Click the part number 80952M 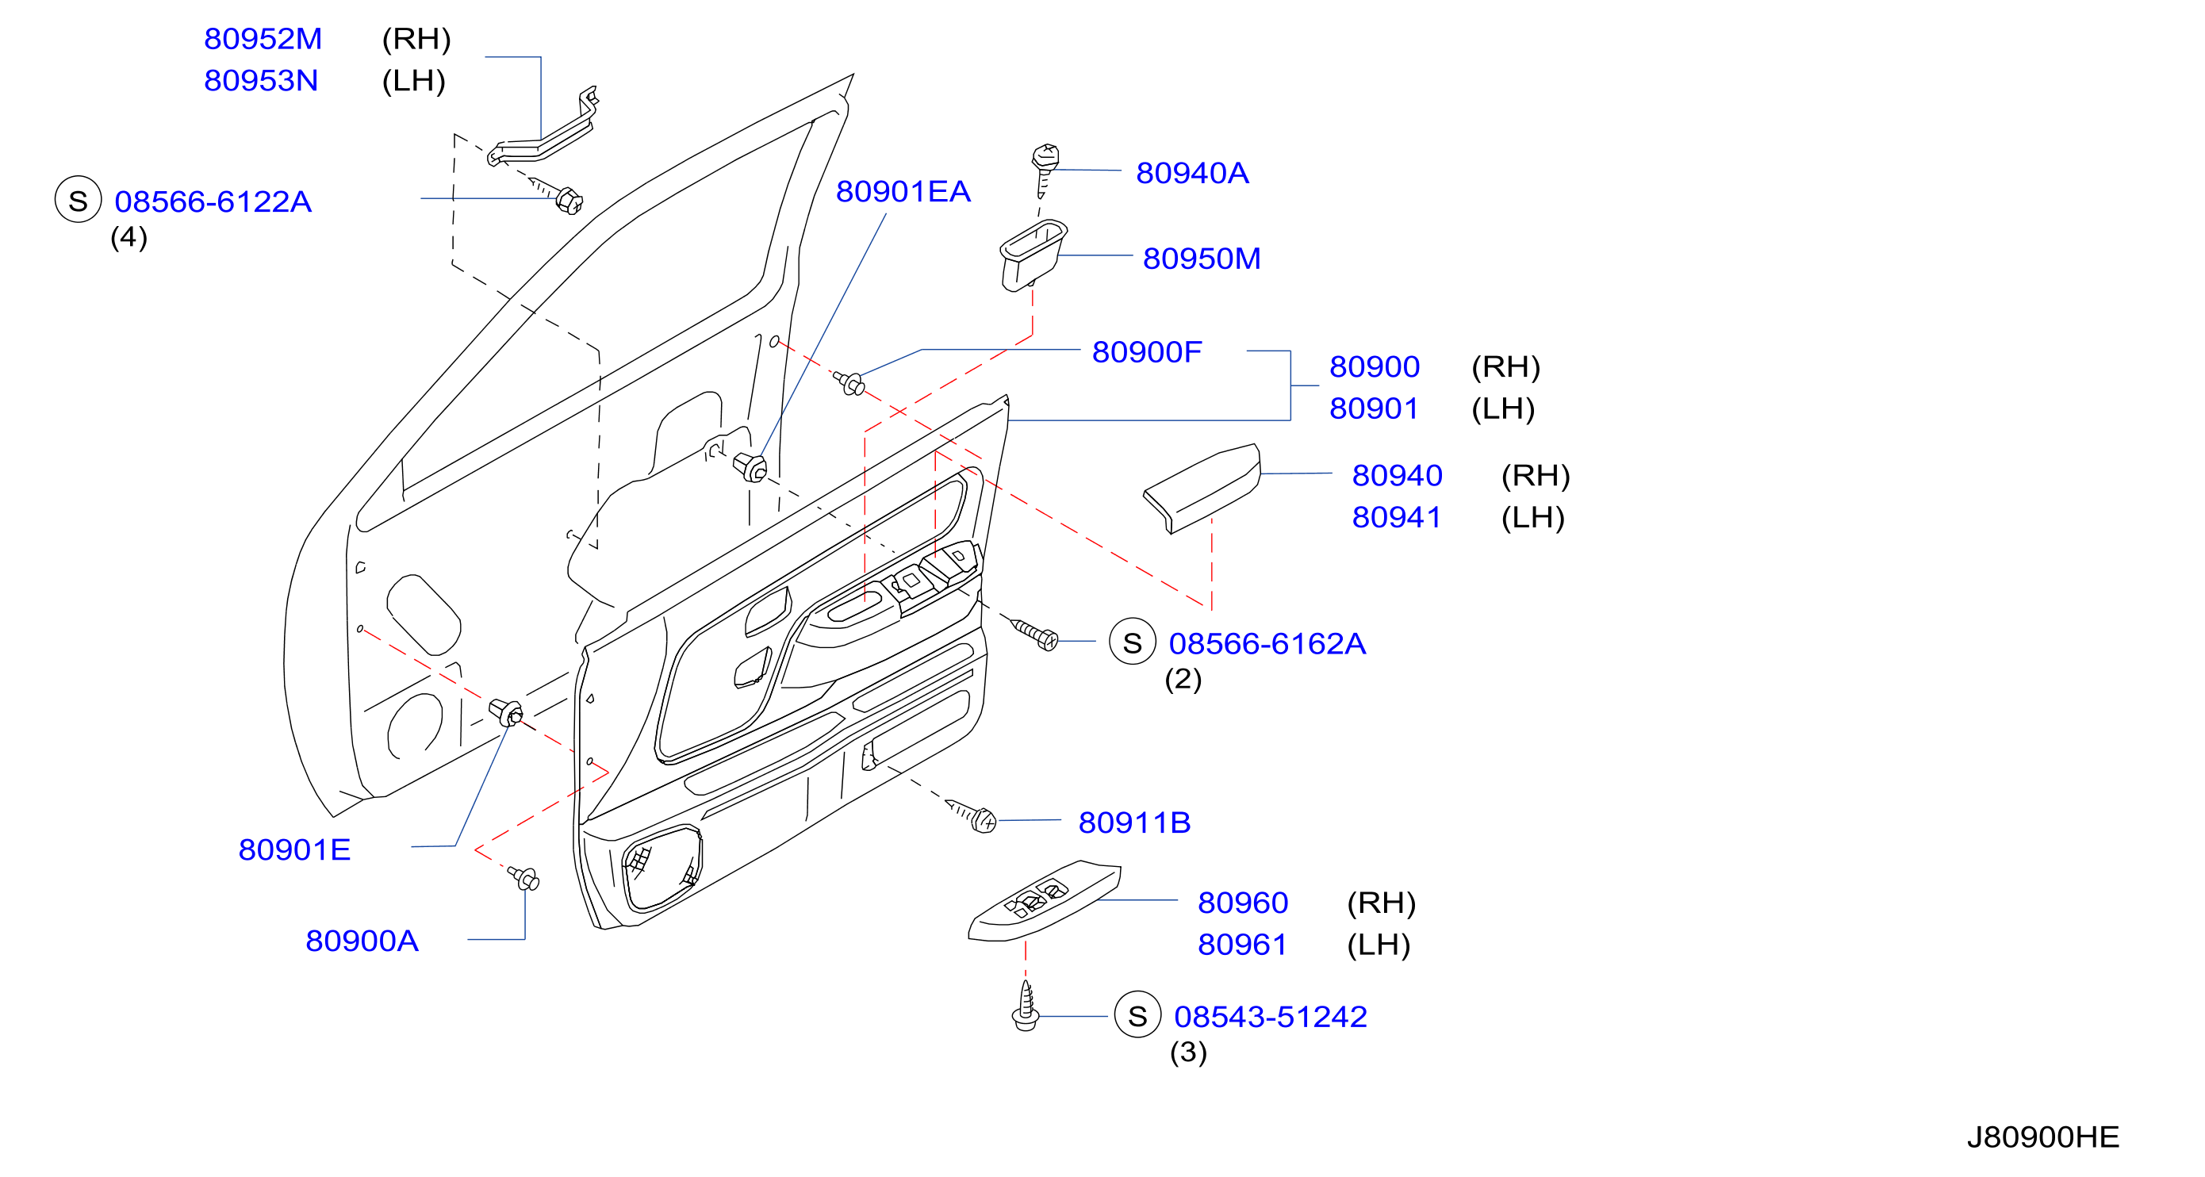pyautogui.click(x=263, y=39)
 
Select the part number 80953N pyautogui.click(x=261, y=80)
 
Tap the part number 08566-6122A pyautogui.click(x=213, y=202)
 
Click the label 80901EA pyautogui.click(x=903, y=192)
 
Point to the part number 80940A pyautogui.click(x=1192, y=173)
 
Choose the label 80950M pyautogui.click(x=1202, y=259)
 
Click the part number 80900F pyautogui.click(x=1147, y=352)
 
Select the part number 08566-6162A pyautogui.click(x=1267, y=644)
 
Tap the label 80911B pyautogui.click(x=1134, y=822)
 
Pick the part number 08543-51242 pyautogui.click(x=1271, y=1017)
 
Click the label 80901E pyautogui.click(x=294, y=850)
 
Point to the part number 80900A pyautogui.click(x=362, y=941)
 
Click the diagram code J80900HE pyautogui.click(x=2043, y=1137)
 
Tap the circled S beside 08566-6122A pyautogui.click(x=79, y=199)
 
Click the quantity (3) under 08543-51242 pyautogui.click(x=1188, y=1052)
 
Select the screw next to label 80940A pyautogui.click(x=1045, y=170)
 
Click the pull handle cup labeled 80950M pyautogui.click(x=1033, y=255)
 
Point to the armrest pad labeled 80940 pyautogui.click(x=1202, y=488)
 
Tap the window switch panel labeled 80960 pyautogui.click(x=1045, y=901)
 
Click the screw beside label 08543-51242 pyautogui.click(x=1026, y=1006)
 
